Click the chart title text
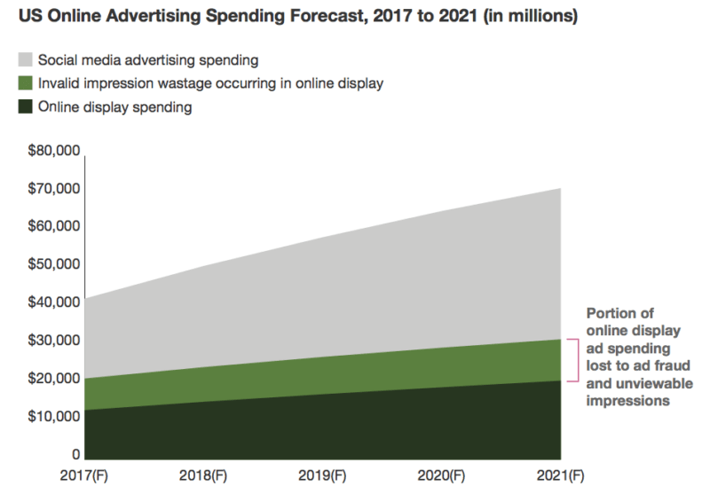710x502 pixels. click(x=297, y=18)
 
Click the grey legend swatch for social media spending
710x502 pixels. click(x=26, y=60)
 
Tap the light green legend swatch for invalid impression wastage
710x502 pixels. click(x=26, y=83)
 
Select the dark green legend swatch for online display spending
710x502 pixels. click(x=26, y=107)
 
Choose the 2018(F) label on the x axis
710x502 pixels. click(x=202, y=476)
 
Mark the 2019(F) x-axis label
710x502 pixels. click(x=321, y=476)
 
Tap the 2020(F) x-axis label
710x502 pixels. click(x=441, y=476)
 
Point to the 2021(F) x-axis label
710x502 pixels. click(x=561, y=476)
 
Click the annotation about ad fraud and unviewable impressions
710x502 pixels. click(x=639, y=357)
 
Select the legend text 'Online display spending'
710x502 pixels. click(x=115, y=107)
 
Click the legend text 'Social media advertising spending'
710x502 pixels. click(x=148, y=60)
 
